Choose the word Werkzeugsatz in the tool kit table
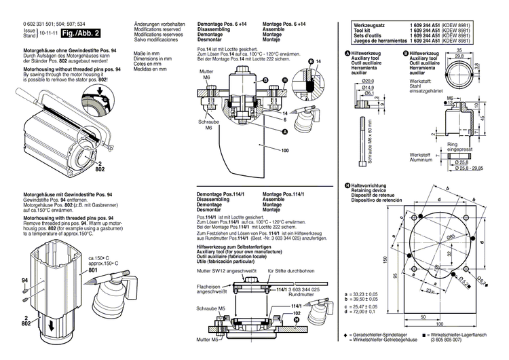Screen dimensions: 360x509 369,24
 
